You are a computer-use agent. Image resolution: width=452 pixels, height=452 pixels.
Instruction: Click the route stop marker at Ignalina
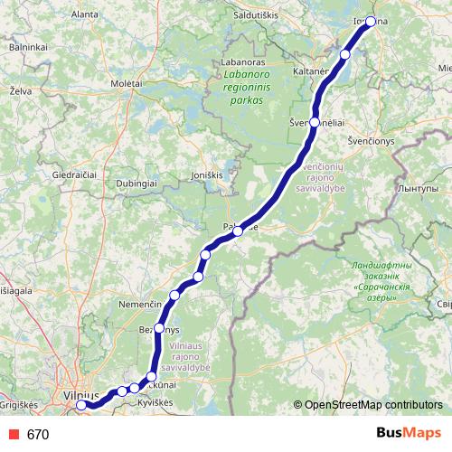371,22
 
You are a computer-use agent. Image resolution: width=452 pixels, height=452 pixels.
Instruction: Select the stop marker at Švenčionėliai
315,122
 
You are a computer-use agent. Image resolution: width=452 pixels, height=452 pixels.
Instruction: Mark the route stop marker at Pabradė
237,231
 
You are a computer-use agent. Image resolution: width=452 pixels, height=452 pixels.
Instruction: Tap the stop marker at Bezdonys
159,328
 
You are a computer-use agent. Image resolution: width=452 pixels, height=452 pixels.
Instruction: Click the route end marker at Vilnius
81,405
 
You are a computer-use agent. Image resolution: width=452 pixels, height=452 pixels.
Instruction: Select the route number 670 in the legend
38,435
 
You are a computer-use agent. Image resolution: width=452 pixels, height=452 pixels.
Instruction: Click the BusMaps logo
409,433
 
